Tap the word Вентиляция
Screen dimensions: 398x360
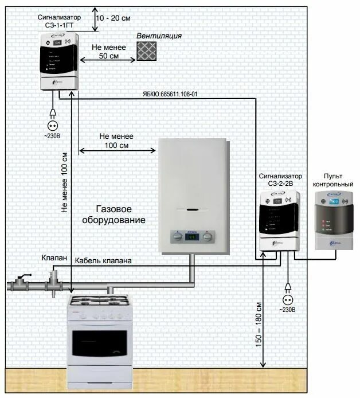point(159,36)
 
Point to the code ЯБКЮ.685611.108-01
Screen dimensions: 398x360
point(171,93)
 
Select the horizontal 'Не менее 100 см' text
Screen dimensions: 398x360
point(116,141)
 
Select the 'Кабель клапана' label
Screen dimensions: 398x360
point(103,261)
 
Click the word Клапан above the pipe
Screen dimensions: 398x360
point(54,257)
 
